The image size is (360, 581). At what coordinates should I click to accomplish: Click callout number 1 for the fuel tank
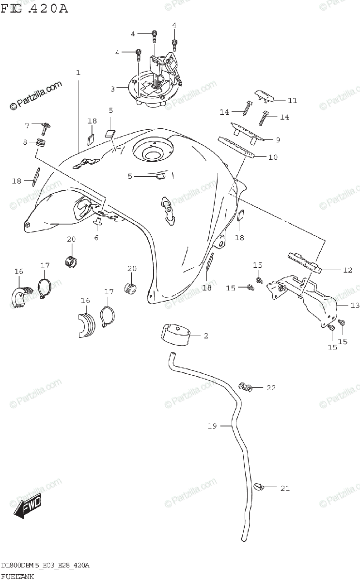[x=78, y=73]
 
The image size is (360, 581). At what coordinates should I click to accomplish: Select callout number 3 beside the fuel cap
[x=112, y=89]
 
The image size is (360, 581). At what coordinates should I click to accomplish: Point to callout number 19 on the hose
[x=211, y=426]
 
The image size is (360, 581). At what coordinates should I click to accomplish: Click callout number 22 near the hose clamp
[x=271, y=388]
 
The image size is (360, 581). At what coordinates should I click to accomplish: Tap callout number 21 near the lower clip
[x=284, y=489]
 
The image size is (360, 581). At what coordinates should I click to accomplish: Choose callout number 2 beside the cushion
[x=205, y=336]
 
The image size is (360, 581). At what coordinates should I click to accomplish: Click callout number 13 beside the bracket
[x=342, y=306]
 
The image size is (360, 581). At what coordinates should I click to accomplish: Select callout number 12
[x=347, y=270]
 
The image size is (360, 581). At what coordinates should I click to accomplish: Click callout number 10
[x=272, y=157]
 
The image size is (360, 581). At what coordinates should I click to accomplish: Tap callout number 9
[x=278, y=140]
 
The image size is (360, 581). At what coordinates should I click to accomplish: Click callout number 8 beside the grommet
[x=25, y=142]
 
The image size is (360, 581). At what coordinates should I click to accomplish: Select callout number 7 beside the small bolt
[x=27, y=125]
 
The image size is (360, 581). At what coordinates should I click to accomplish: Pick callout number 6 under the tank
[x=96, y=237]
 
